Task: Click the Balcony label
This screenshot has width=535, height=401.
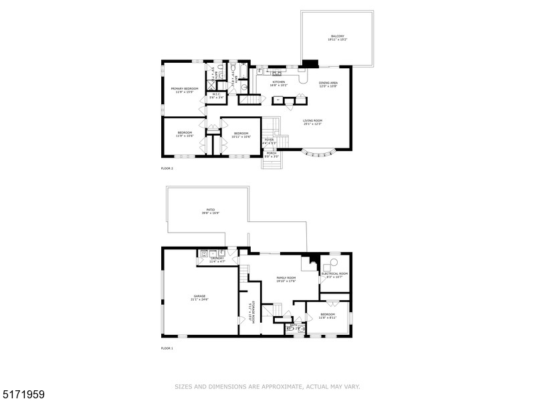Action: (338, 37)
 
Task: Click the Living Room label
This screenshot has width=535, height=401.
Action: (312, 122)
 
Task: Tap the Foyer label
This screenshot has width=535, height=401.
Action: (269, 141)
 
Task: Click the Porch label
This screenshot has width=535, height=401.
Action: (272, 154)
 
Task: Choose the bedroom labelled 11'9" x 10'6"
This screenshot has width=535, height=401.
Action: (185, 134)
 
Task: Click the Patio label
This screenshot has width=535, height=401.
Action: (210, 211)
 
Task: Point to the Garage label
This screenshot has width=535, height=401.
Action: (200, 297)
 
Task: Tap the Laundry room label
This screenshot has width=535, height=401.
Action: (219, 259)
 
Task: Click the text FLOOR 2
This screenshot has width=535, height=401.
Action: (167, 168)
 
